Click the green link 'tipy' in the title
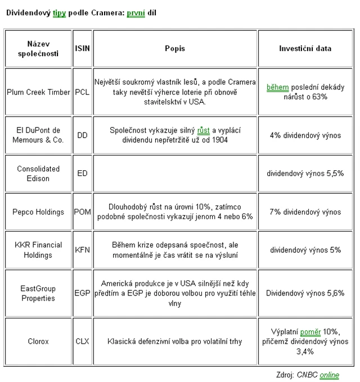[x=60, y=12]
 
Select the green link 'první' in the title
[x=136, y=12]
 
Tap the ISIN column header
[x=82, y=48]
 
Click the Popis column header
[x=175, y=48]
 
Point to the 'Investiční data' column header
[x=305, y=48]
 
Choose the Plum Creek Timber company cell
[x=38, y=92]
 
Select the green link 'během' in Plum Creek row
[x=277, y=88]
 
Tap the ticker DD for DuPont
[x=82, y=135]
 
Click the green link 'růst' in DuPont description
[x=203, y=130]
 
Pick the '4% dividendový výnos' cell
[x=305, y=135]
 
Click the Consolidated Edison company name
[x=38, y=174]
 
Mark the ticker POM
[x=82, y=212]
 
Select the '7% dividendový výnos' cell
[x=305, y=212]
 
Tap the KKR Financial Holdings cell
[x=38, y=250]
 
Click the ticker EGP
[x=82, y=293]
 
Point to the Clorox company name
[x=38, y=341]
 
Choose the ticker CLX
[x=82, y=341]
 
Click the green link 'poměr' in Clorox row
[x=310, y=332]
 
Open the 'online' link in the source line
[x=329, y=375]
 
